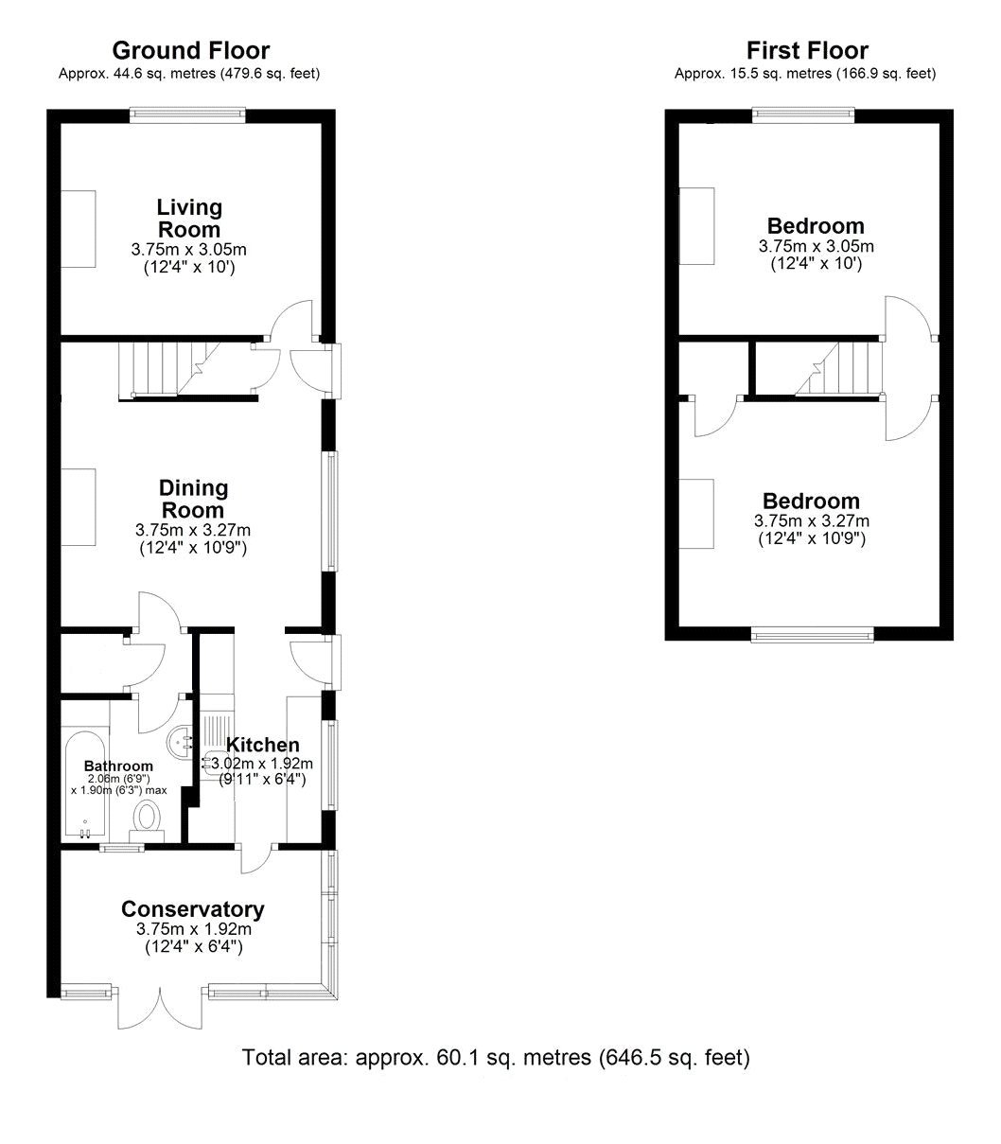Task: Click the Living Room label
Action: [x=189, y=218]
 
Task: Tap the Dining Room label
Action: [x=193, y=499]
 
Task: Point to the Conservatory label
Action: [x=193, y=909]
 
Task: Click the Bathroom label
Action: [x=118, y=766]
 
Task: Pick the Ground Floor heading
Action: [x=191, y=50]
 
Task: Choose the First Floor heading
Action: [x=807, y=50]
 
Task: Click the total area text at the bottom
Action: [x=497, y=1057]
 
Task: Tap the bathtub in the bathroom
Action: [x=85, y=771]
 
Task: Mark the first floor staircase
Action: [x=840, y=369]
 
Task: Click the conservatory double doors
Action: [x=161, y=1008]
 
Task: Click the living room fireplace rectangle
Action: [x=79, y=228]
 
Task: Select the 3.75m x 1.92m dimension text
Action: [x=193, y=930]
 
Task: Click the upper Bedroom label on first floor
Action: [x=816, y=226]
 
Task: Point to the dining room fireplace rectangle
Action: [x=79, y=507]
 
